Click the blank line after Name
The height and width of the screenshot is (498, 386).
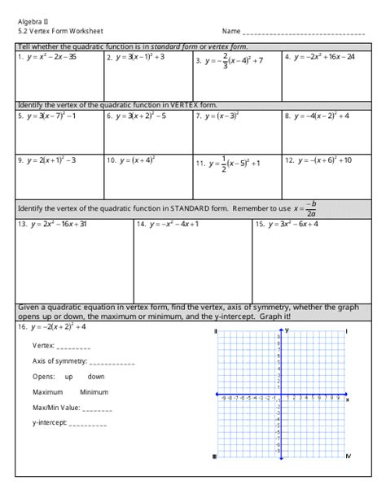coord(302,34)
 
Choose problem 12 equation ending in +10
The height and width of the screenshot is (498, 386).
coord(322,160)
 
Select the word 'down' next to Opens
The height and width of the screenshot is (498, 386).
coord(96,377)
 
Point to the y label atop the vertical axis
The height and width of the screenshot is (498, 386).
coord(287,330)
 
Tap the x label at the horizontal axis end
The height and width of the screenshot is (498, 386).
coord(348,400)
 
